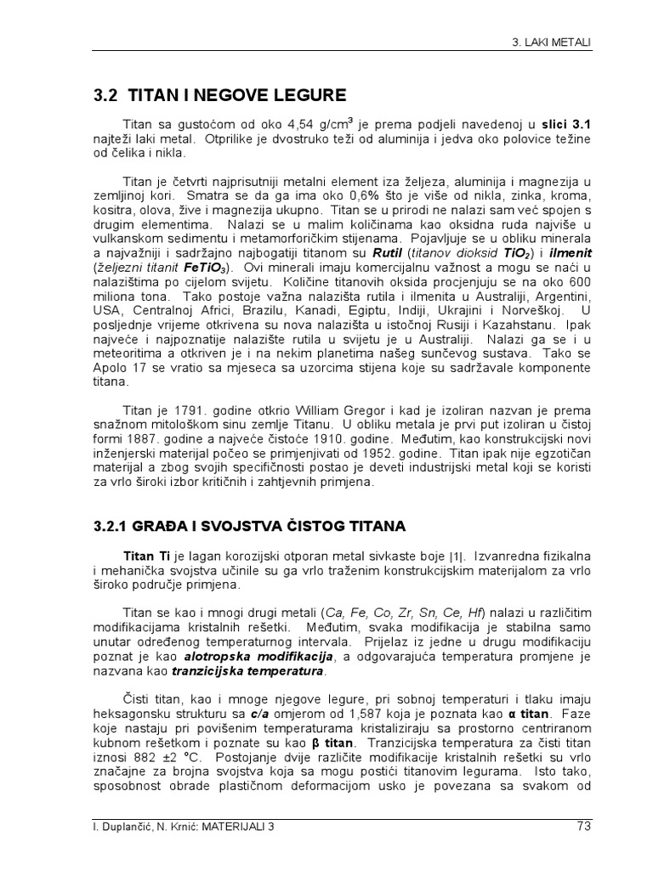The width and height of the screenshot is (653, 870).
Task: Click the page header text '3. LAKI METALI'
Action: click(x=554, y=41)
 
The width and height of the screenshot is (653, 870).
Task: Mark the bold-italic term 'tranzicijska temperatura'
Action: click(x=247, y=671)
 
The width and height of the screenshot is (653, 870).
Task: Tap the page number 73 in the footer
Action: click(x=582, y=824)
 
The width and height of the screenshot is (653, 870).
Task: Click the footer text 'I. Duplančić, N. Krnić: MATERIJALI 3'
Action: click(x=173, y=825)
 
